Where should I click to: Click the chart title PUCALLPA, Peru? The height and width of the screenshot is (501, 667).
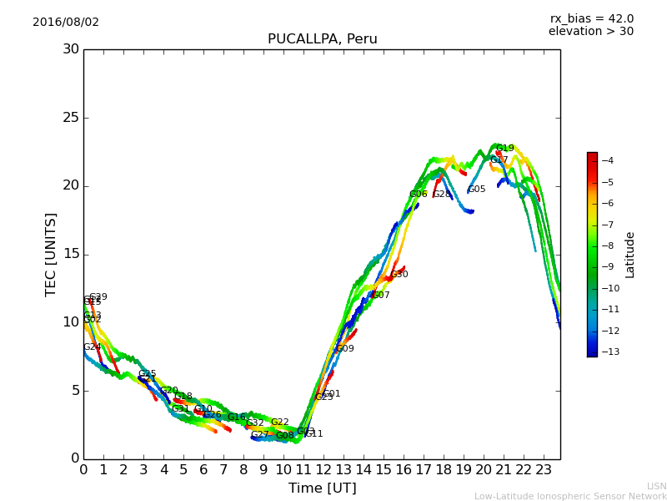pyautogui.click(x=322, y=39)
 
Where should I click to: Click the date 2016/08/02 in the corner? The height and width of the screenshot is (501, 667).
pyautogui.click(x=66, y=23)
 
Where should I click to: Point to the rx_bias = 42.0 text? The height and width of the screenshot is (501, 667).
pyautogui.click(x=591, y=19)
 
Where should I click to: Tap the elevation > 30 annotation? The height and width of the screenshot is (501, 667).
pyautogui.click(x=590, y=32)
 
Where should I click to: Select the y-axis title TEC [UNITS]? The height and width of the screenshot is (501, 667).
pyautogui.click(x=51, y=254)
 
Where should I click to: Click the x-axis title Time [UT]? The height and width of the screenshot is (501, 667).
pyautogui.click(x=322, y=488)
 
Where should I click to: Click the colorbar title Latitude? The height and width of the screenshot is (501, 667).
pyautogui.click(x=630, y=255)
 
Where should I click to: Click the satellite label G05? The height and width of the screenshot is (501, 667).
pyautogui.click(x=476, y=190)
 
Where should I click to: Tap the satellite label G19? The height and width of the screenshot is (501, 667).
pyautogui.click(x=504, y=149)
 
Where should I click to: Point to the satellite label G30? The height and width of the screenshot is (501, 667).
pyautogui.click(x=399, y=275)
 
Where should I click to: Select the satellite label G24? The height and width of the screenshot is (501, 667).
pyautogui.click(x=92, y=347)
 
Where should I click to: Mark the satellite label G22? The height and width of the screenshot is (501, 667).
pyautogui.click(x=279, y=423)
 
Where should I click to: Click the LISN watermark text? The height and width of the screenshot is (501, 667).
pyautogui.click(x=656, y=486)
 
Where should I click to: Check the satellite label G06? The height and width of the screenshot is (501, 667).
pyautogui.click(x=418, y=195)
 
